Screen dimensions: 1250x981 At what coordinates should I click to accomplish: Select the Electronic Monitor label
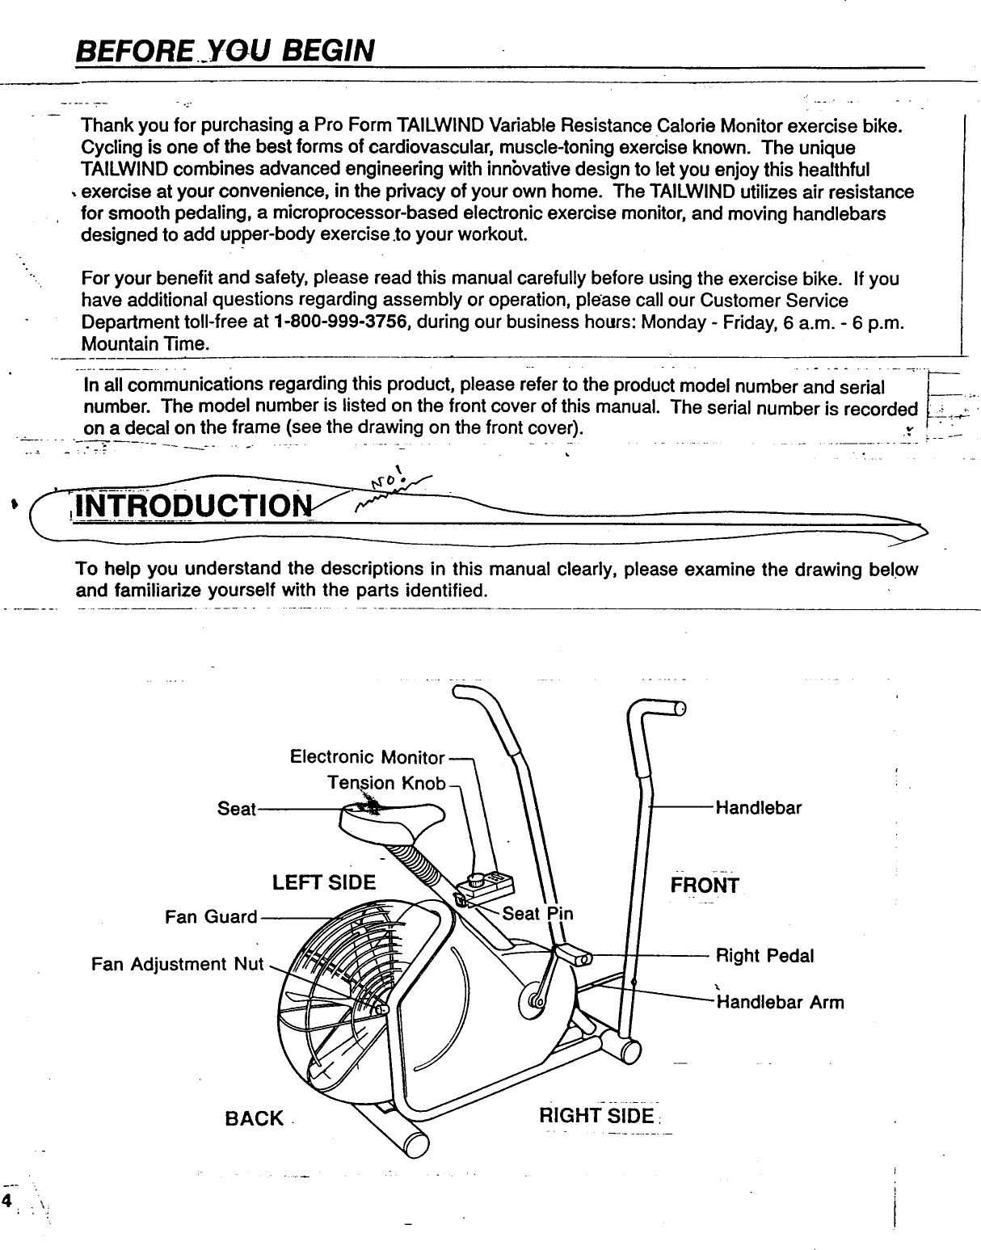point(367,758)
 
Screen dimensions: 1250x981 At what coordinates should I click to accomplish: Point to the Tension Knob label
point(386,784)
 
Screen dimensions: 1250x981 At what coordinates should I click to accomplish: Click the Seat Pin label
point(537,914)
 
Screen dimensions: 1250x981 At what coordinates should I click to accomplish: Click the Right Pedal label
point(765,956)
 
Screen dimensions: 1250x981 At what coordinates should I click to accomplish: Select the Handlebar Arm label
point(780,1003)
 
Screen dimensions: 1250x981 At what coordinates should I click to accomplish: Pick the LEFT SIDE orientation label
point(324,882)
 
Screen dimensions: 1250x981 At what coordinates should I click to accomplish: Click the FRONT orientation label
point(705,886)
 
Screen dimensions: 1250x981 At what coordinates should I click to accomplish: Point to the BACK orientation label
point(255,1118)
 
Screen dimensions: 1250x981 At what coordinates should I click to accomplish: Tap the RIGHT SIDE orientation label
point(596,1117)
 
